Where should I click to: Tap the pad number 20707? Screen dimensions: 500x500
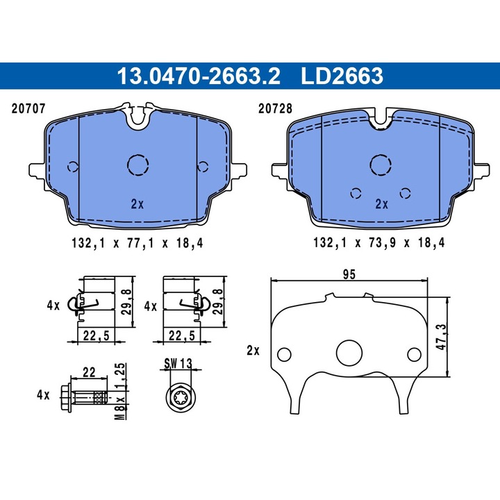coord(28,108)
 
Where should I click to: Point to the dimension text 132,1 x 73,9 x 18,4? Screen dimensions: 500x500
coord(379,243)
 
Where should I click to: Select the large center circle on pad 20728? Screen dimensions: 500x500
coord(380,165)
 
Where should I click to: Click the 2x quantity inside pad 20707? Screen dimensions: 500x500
coord(137,204)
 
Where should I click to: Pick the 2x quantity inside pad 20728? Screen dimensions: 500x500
coord(381,204)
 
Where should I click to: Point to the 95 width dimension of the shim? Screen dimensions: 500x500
coord(349,274)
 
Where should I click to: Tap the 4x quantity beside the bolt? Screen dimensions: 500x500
coord(43,394)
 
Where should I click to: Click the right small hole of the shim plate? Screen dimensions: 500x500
coord(414,354)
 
